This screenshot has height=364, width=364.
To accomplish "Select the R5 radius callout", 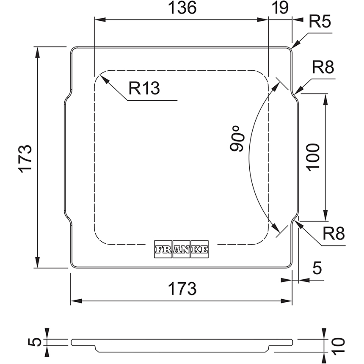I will (x=320, y=22).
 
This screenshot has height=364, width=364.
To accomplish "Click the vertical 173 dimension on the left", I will (x=25, y=157).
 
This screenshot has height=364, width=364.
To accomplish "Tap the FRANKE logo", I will (x=182, y=250).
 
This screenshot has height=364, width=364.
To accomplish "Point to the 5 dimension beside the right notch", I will (x=317, y=268).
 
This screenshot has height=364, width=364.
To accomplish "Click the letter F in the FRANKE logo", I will (x=159, y=250).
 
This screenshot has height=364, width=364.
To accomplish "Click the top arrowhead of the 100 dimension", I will (x=325, y=97).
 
